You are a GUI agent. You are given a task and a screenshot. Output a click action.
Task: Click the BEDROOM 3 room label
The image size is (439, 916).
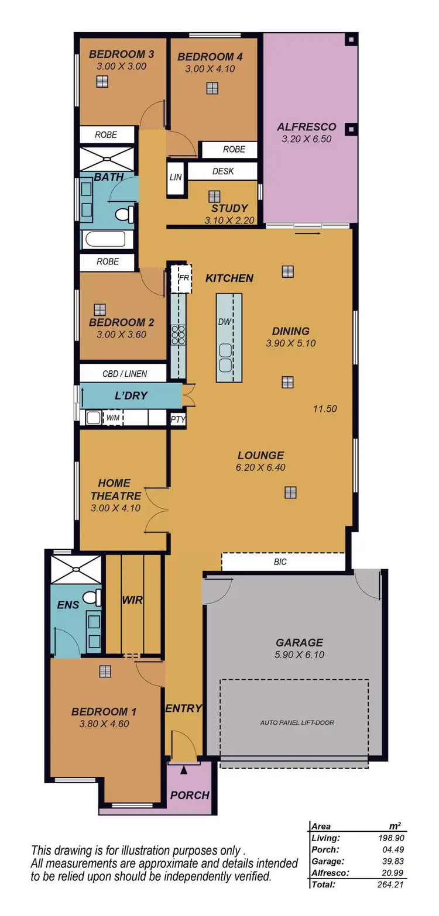coord(121,54)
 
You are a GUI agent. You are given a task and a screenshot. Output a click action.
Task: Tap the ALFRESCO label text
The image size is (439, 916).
coord(306,127)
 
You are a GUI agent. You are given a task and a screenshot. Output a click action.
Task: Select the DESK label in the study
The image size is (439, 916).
coord(222,171)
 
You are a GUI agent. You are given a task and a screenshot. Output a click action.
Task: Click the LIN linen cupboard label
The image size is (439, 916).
coord(176,177)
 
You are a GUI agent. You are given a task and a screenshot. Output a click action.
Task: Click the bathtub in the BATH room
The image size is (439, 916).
coord(105,240)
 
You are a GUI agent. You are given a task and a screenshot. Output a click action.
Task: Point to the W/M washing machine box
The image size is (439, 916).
coord(112,418)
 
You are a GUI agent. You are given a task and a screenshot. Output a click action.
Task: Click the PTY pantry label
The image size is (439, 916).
coord(177,419)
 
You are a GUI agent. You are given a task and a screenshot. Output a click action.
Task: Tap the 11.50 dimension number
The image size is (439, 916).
coord(324,409)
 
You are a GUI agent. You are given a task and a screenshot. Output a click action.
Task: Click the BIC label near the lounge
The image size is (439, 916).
coord(280,562)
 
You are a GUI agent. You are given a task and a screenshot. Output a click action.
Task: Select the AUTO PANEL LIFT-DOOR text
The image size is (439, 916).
coord(297,722)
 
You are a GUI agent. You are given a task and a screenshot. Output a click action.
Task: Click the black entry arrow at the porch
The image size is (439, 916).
coord(184,770)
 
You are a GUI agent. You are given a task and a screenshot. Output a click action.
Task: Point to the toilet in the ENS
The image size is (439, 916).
coord(91,598)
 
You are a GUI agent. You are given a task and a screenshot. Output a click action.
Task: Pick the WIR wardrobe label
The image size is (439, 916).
coord(132,600)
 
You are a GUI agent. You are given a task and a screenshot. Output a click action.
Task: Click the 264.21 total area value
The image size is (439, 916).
coord(389,884)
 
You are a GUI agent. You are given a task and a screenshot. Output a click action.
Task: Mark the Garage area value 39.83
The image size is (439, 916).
coord(390,860)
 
